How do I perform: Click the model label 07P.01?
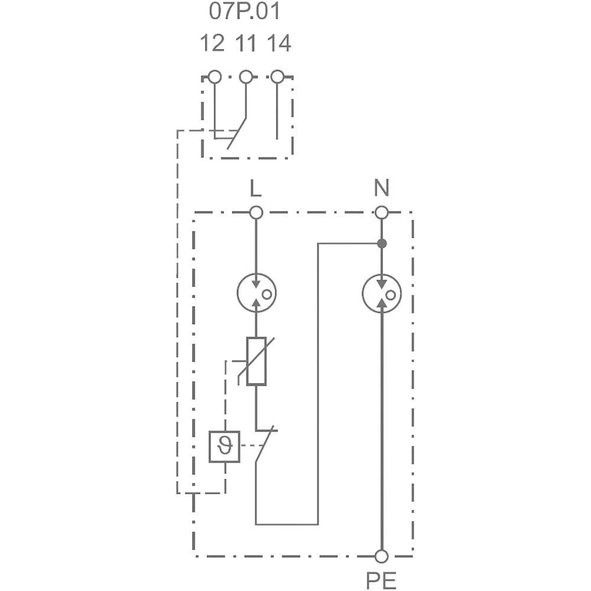coord(245,11)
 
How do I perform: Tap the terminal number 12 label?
coord(212,44)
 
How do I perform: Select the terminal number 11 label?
coord(246,44)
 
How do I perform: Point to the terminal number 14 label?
coord(278,44)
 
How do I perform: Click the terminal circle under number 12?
coord(215,77)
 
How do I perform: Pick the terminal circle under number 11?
coord(246,77)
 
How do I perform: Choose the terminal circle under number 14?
coord(277,77)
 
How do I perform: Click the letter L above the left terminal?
coord(255,189)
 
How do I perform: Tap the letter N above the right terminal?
coord(382,189)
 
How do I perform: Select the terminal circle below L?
coord(256,212)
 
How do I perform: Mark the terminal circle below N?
coord(382,212)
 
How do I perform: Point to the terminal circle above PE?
coord(382,556)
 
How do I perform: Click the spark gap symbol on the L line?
coord(256,294)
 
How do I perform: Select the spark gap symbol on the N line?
coord(382,294)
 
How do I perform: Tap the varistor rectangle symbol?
coord(256,361)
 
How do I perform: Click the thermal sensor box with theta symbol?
coord(225,446)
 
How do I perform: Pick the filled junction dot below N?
coord(382,243)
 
